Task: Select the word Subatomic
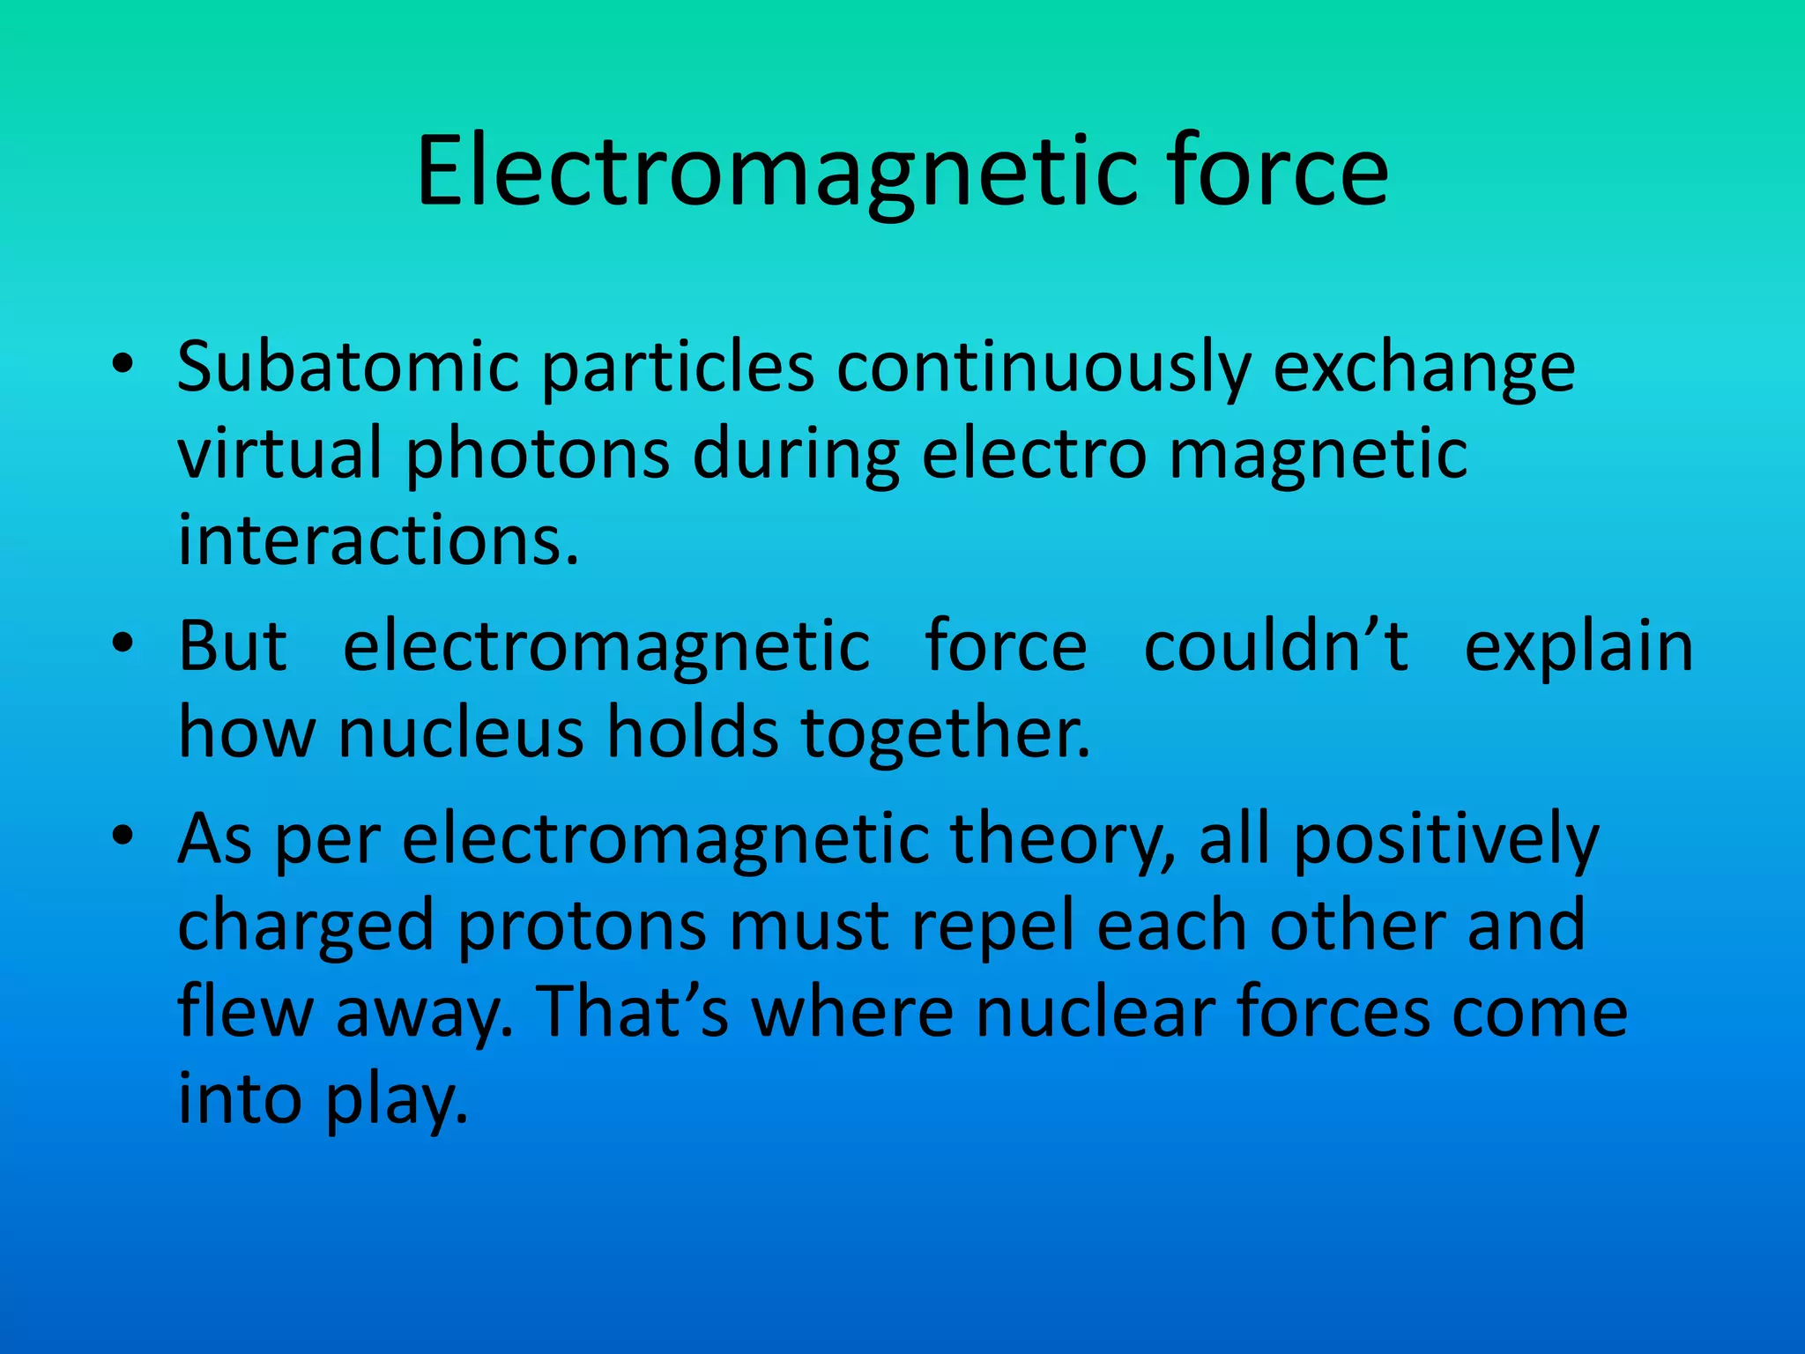[x=347, y=366]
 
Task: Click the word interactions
[x=377, y=539]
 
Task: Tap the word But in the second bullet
[x=233, y=646]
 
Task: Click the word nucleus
[x=461, y=733]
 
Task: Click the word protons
[x=583, y=926]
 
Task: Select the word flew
[x=246, y=1011]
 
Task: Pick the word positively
[x=1445, y=840]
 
